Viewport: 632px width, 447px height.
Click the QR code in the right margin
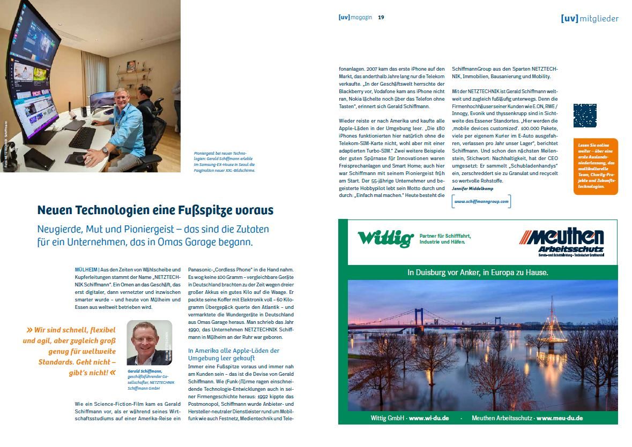pos(584,116)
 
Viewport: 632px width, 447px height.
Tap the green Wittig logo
pos(385,238)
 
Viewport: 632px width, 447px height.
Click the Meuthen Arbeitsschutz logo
pos(561,241)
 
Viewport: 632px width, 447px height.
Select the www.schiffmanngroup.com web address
pos(481,201)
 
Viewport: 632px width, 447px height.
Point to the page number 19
pos(381,18)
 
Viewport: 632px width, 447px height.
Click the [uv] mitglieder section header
pos(589,19)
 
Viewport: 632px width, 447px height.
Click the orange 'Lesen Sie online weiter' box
pos(595,166)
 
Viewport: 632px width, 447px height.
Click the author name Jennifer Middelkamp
pos(473,189)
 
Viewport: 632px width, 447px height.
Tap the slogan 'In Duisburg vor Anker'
pos(478,272)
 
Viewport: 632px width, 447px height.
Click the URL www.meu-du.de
pos(559,418)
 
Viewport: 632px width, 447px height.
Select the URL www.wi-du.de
pos(428,418)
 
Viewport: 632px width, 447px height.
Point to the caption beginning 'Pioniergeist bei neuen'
pos(225,162)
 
